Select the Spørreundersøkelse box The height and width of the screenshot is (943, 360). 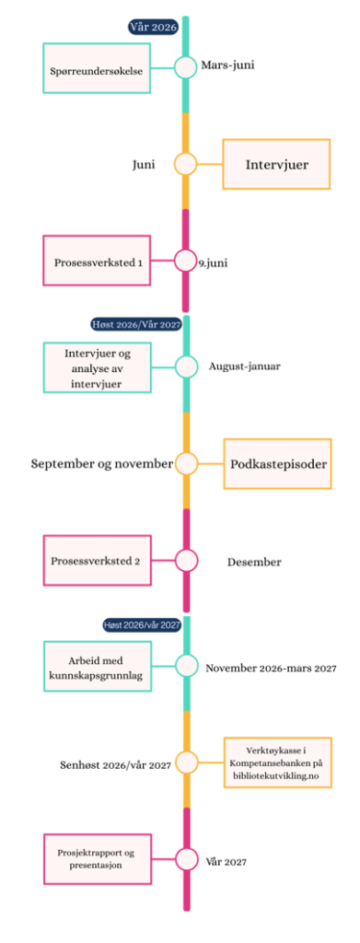[96, 68]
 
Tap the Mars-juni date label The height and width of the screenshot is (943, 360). [227, 65]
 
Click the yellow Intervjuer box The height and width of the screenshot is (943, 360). [277, 164]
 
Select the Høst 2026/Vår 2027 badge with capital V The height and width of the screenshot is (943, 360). [136, 324]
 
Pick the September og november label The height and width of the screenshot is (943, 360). [102, 464]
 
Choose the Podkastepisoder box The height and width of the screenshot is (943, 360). [278, 464]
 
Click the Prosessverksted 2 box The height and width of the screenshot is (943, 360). [96, 561]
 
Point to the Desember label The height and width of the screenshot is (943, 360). [254, 563]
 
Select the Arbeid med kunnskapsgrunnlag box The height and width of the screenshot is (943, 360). [96, 665]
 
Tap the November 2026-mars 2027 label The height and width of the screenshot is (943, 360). [271, 667]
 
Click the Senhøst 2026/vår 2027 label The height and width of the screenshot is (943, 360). [116, 765]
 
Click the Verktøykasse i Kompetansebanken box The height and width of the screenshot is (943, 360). [278, 762]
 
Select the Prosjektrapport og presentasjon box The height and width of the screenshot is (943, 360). [97, 858]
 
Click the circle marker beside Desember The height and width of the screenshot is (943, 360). [186, 561]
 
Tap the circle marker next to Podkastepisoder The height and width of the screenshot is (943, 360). [186, 464]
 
